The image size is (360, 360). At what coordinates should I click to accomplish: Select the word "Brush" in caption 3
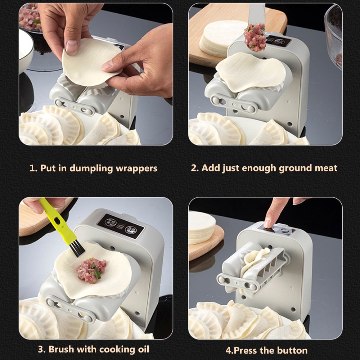[61, 349]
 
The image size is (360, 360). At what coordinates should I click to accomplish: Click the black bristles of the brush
[77, 248]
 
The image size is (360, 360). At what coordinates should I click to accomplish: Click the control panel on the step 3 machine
[120, 226]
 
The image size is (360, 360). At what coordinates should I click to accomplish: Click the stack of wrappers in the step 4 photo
[202, 227]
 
